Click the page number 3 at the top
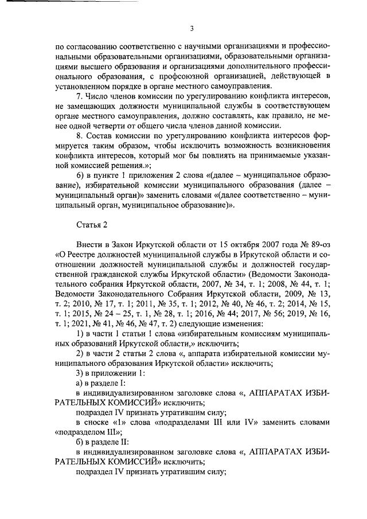(192, 29)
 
